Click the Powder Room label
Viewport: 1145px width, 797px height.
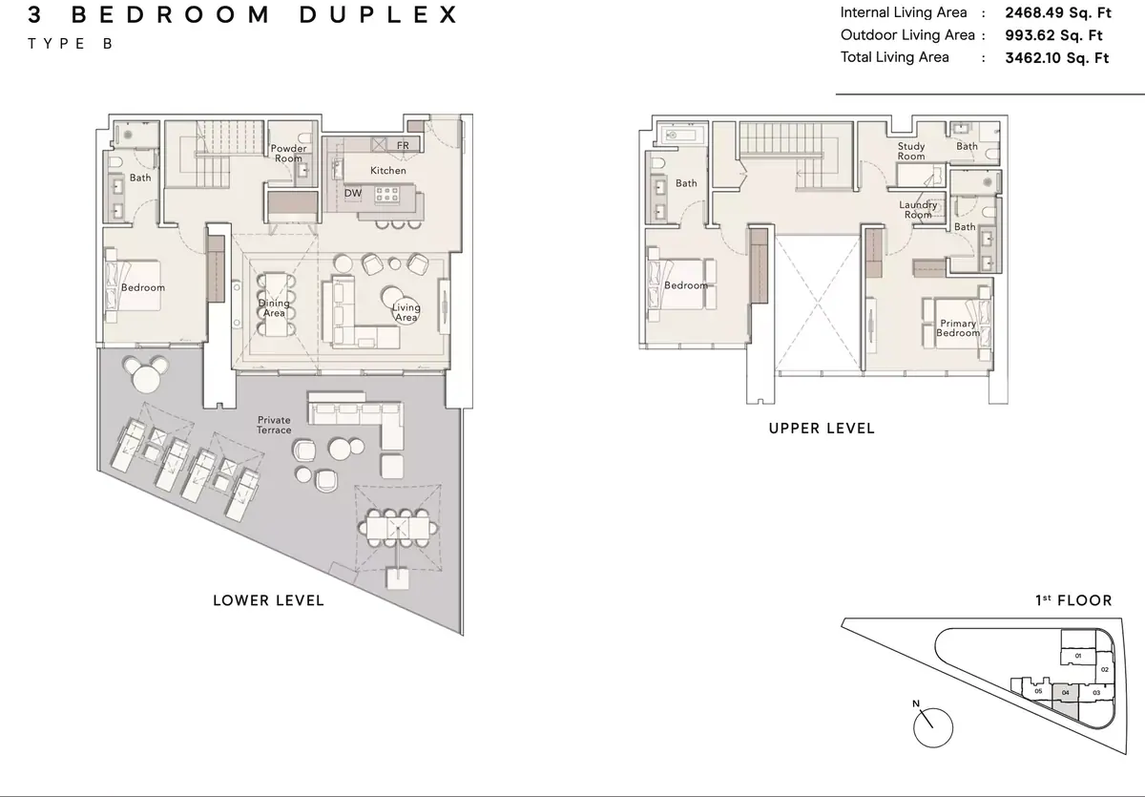[x=288, y=154]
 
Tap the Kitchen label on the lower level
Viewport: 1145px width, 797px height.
[x=388, y=170]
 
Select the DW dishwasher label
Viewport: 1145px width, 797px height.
[x=353, y=193]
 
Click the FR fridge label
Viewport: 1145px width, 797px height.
[x=403, y=145]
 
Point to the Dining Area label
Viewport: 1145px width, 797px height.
[x=274, y=307]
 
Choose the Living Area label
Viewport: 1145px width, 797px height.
[x=406, y=312]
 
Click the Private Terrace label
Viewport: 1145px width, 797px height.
[x=274, y=425]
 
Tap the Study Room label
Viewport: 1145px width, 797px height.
[x=911, y=152]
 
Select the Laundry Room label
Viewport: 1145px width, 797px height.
[x=918, y=210]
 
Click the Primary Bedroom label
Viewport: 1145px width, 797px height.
[x=958, y=328]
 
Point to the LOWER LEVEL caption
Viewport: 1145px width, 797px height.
[x=268, y=600]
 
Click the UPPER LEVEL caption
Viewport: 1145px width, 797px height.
[x=822, y=429]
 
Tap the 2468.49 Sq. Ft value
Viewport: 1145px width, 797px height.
[x=1058, y=12]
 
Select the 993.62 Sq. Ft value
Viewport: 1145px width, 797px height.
[x=1053, y=35]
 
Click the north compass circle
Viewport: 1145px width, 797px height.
[x=933, y=728]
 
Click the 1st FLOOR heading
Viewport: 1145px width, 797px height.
[x=1074, y=600]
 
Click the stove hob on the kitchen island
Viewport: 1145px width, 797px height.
[x=387, y=195]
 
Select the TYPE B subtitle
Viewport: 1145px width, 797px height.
[x=70, y=44]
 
